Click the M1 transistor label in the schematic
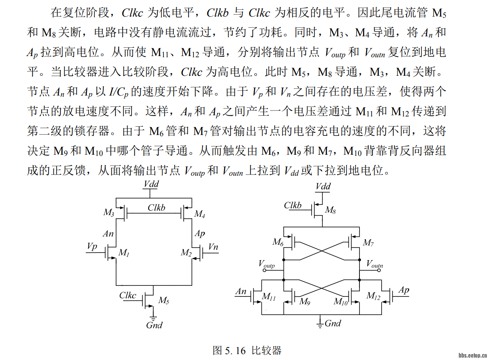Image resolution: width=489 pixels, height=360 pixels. (x=124, y=253)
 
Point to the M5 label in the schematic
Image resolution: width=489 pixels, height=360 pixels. (x=164, y=300)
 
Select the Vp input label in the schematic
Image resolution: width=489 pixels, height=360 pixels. (x=92, y=247)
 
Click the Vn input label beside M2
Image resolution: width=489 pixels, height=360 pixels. (x=213, y=247)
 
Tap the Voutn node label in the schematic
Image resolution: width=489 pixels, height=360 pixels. (x=375, y=264)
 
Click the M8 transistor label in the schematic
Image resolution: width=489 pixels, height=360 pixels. (x=330, y=210)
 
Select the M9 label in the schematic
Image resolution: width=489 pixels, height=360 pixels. (x=305, y=302)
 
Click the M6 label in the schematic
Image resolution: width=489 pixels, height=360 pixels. (x=278, y=242)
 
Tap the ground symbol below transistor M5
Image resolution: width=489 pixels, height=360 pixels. (x=153, y=318)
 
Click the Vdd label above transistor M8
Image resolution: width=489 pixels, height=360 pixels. (x=323, y=186)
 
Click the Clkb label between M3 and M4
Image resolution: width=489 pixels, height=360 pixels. (x=156, y=208)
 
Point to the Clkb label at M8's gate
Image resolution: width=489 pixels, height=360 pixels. (x=293, y=205)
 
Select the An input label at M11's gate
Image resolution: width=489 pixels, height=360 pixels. (x=241, y=292)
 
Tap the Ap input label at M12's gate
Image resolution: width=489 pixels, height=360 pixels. (x=404, y=291)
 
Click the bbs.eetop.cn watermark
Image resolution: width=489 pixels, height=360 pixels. (x=473, y=355)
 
